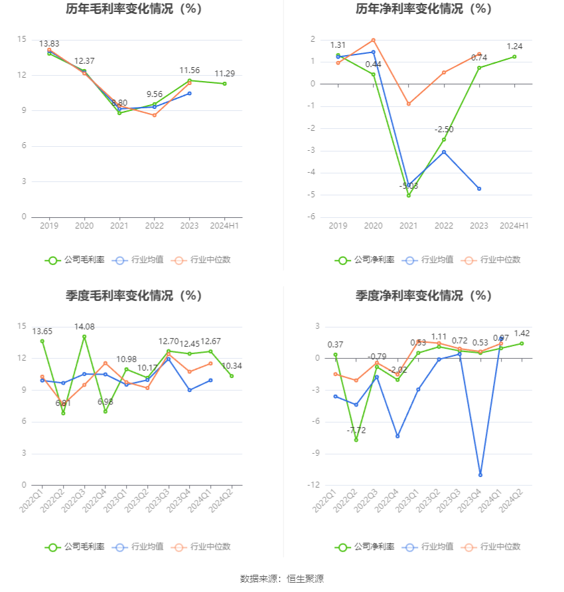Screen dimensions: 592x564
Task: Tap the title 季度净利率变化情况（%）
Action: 423,296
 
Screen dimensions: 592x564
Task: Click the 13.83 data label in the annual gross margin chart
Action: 49,44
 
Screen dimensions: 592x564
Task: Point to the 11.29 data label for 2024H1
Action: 224,74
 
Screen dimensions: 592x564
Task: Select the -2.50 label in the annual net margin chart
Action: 444,130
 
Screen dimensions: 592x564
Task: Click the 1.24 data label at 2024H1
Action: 514,47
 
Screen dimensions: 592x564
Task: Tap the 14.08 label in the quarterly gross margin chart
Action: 84,326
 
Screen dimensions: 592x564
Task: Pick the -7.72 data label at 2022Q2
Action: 356,431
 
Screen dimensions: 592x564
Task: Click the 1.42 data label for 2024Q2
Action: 521,334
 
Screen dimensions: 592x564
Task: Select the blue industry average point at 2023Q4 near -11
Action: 480,474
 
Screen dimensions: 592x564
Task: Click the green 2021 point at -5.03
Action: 409,195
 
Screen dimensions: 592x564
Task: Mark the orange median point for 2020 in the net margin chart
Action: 374,41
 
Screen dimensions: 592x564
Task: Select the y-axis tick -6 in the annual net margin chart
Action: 311,217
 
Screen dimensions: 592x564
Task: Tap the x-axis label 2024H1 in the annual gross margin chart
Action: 224,226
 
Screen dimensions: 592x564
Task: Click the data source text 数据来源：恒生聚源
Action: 282,579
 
